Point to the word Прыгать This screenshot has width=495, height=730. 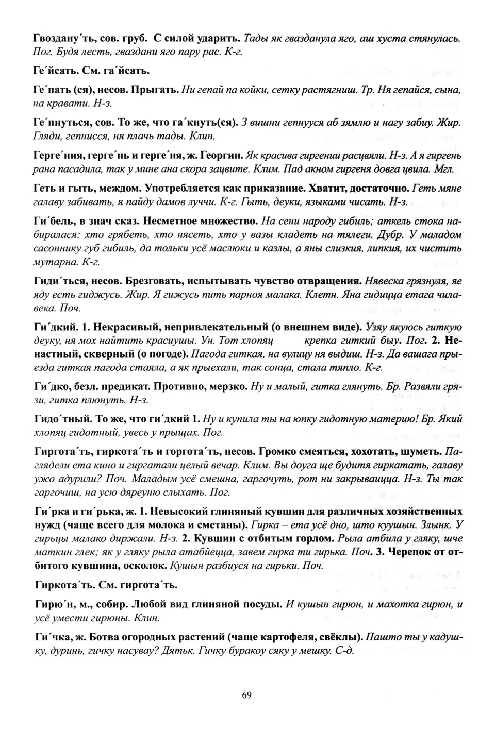(x=155, y=90)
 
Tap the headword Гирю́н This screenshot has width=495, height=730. (x=53, y=604)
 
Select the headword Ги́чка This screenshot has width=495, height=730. (x=51, y=637)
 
